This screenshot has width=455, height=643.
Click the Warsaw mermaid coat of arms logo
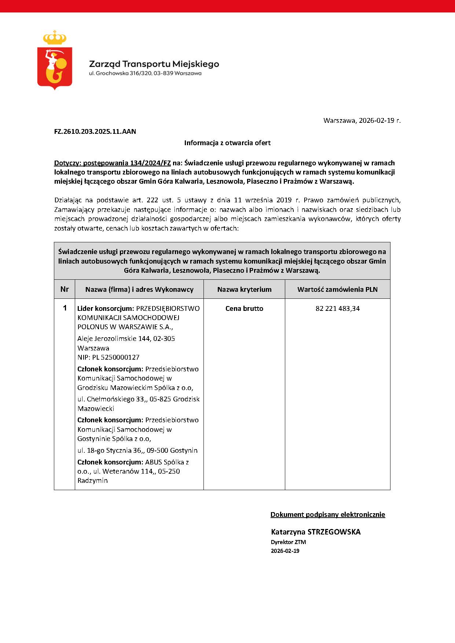click(x=55, y=60)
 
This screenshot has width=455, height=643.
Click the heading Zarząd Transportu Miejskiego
click(x=154, y=64)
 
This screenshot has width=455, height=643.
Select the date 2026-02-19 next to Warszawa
click(x=377, y=121)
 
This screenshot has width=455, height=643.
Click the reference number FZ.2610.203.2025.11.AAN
click(x=95, y=132)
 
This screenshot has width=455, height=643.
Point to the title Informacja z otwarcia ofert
click(x=227, y=143)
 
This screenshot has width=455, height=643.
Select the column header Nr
click(x=65, y=289)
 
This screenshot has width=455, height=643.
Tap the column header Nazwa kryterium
click(x=244, y=290)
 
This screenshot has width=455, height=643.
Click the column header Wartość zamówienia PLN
click(x=337, y=290)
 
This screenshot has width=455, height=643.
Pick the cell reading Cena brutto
click(x=244, y=309)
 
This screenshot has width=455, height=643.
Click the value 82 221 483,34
click(x=337, y=309)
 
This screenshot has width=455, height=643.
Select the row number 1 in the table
click(x=65, y=308)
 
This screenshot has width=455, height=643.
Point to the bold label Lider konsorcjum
click(x=106, y=309)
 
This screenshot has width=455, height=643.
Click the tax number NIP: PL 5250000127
click(x=109, y=357)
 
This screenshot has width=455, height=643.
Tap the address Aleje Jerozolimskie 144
click(x=114, y=339)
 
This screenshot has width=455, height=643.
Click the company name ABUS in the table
click(x=154, y=462)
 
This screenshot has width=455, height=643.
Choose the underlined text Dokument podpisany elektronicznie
click(x=327, y=515)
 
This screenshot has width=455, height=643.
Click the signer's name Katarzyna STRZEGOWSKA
click(x=316, y=532)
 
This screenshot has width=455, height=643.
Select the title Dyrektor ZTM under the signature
click(x=288, y=542)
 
